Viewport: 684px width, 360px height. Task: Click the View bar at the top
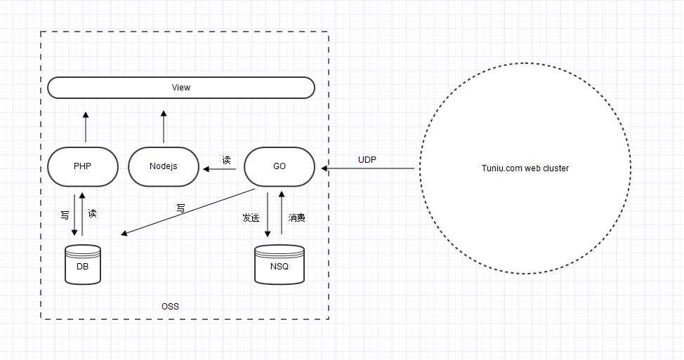click(181, 88)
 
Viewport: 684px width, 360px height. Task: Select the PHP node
click(83, 167)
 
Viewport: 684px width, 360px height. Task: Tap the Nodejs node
click(164, 167)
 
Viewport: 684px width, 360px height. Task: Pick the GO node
click(279, 167)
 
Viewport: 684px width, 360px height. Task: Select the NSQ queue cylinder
click(279, 265)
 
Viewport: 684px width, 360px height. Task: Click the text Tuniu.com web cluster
click(525, 168)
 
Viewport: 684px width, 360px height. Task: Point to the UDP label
click(367, 160)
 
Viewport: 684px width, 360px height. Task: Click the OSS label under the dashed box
click(170, 307)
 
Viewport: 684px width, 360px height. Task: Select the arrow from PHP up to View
click(86, 127)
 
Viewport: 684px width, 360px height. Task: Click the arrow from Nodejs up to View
click(163, 127)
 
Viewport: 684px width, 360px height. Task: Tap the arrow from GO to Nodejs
click(219, 168)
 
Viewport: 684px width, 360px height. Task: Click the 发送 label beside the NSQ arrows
click(251, 218)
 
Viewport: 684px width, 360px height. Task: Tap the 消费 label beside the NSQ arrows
click(297, 218)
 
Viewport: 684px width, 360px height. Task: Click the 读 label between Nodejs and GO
click(226, 160)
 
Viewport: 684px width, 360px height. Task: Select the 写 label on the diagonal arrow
click(180, 208)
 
